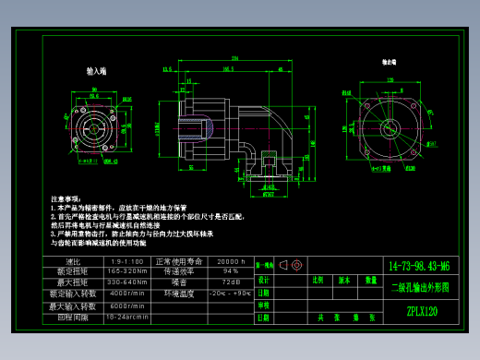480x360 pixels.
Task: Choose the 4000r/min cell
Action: pyautogui.click(x=127, y=294)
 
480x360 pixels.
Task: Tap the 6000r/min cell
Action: pyautogui.click(x=127, y=305)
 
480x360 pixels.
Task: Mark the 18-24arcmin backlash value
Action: pyautogui.click(x=127, y=316)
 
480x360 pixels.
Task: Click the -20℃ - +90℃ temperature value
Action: pyautogui.click(x=229, y=294)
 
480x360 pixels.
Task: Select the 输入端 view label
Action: pyautogui.click(x=96, y=70)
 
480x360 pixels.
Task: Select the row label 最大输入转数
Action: pyautogui.click(x=68, y=305)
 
